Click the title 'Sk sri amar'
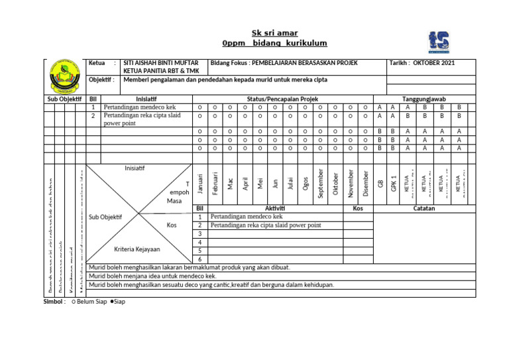(274, 32)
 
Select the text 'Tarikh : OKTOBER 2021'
(423, 63)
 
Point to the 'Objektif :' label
(101, 80)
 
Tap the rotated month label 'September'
(320, 183)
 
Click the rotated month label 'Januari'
(199, 184)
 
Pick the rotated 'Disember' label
(365, 183)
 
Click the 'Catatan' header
(424, 208)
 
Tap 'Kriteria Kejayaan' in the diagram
(137, 250)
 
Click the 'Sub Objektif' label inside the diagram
(105, 217)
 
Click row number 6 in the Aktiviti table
(199, 259)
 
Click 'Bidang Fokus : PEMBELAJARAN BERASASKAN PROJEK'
(284, 63)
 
